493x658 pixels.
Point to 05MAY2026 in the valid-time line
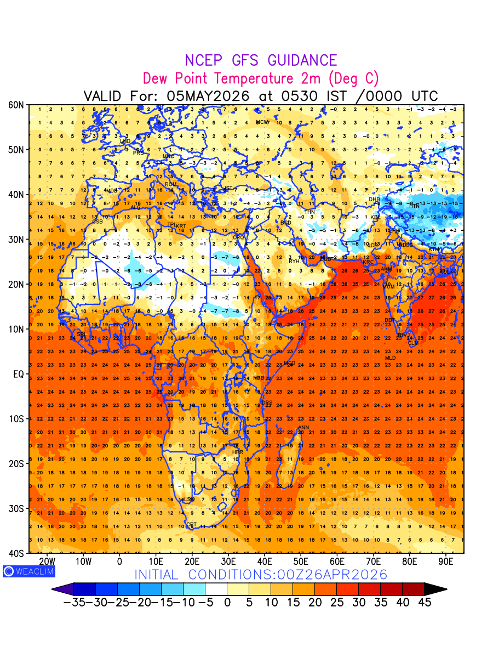point(208,96)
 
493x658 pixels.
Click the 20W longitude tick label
point(47,561)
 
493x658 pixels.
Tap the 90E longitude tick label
point(446,561)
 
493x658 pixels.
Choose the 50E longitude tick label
point(301,561)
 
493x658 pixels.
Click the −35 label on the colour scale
point(76,602)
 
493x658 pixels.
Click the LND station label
point(125,141)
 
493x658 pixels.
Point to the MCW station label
point(262,122)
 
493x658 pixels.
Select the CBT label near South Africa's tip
point(191,525)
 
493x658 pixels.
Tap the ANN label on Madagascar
point(303,428)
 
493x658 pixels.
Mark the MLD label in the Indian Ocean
point(390,358)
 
